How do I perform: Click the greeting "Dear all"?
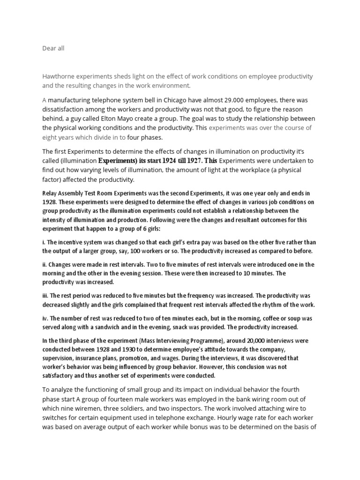(53, 48)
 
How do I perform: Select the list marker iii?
(45, 296)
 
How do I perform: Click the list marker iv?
(45, 318)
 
